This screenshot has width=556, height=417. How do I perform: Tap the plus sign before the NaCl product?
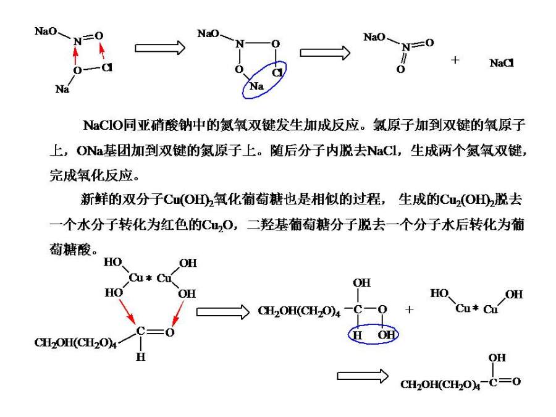click(455, 60)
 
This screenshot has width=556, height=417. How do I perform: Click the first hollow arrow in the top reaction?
click(160, 48)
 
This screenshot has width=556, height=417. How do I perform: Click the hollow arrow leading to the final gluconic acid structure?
click(362, 376)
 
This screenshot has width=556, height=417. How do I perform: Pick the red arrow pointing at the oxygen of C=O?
click(178, 312)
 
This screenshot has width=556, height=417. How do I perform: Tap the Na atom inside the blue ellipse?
click(257, 86)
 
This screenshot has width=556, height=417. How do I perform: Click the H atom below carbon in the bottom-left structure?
click(141, 356)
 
